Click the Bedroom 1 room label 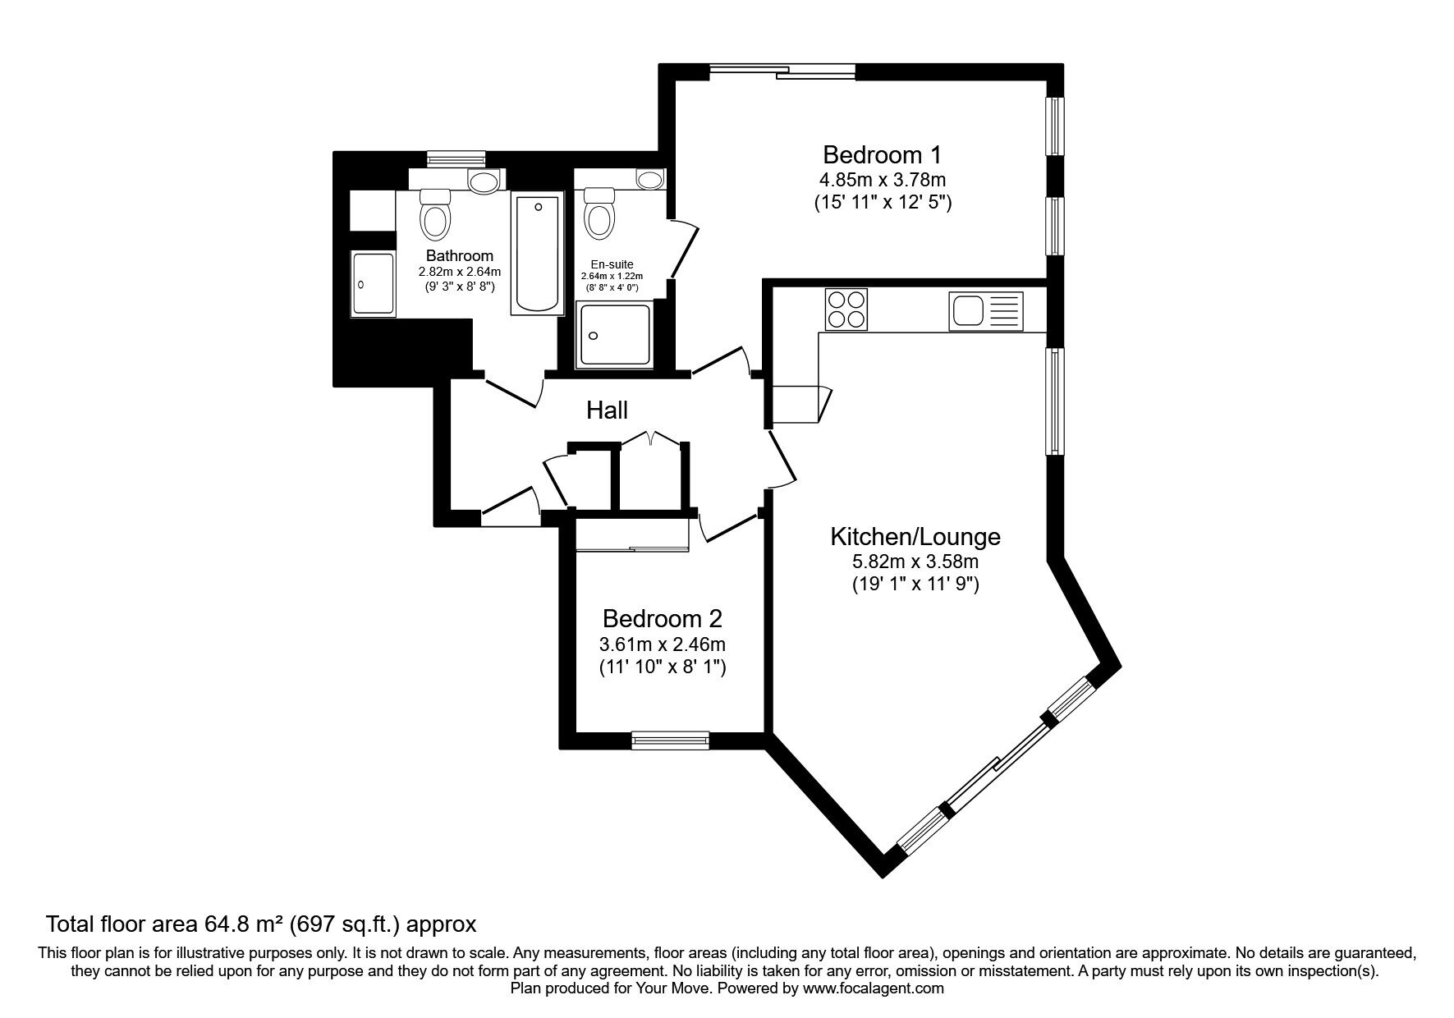click(x=882, y=154)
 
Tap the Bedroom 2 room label click(x=662, y=618)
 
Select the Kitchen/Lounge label click(x=915, y=537)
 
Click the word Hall click(x=608, y=410)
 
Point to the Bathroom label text click(x=460, y=256)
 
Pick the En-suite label click(x=612, y=264)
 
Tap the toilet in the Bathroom click(x=435, y=213)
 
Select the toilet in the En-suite click(x=599, y=213)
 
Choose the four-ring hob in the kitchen click(x=845, y=309)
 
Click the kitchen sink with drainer click(x=986, y=311)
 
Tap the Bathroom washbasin click(x=483, y=181)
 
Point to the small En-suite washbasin click(x=651, y=178)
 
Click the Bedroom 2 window click(x=671, y=741)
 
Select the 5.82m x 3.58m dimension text click(x=915, y=562)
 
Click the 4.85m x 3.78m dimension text click(x=882, y=179)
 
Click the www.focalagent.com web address click(x=873, y=988)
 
